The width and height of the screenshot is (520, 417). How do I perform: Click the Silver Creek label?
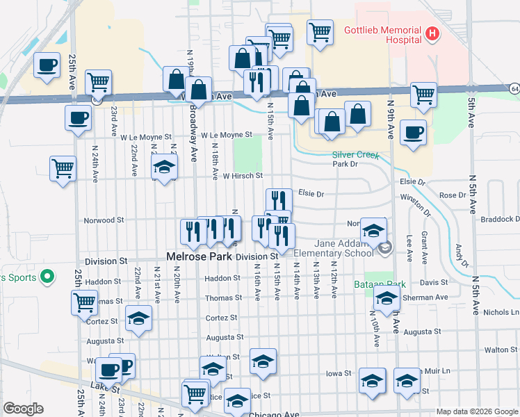point(355,156)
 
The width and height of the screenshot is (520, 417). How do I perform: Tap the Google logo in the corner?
point(23,409)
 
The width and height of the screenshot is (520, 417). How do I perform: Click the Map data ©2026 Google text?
point(477,411)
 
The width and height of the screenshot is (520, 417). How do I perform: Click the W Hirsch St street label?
point(243,177)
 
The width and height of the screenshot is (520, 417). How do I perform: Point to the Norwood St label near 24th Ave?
point(103,220)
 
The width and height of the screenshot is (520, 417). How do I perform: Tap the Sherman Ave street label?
point(423,297)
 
